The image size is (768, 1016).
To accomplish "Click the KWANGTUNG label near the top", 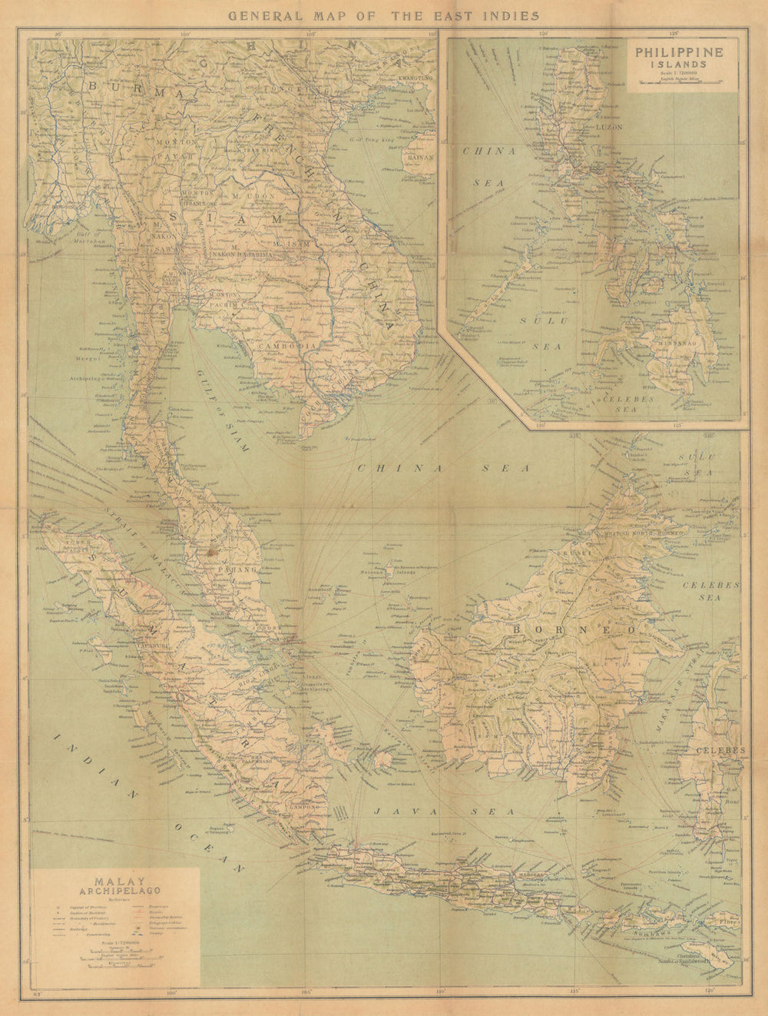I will coord(412,78).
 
